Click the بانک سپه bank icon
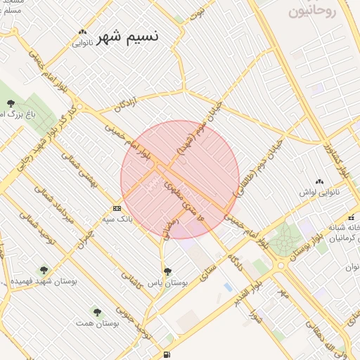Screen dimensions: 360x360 coord(117,208)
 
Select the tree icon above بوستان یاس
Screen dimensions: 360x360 coord(167,271)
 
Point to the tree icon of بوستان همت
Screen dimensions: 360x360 coord(97,311)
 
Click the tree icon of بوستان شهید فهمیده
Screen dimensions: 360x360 coord(44,269)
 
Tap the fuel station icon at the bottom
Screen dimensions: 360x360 coord(166,354)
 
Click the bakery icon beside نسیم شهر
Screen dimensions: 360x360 coord(83,32)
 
